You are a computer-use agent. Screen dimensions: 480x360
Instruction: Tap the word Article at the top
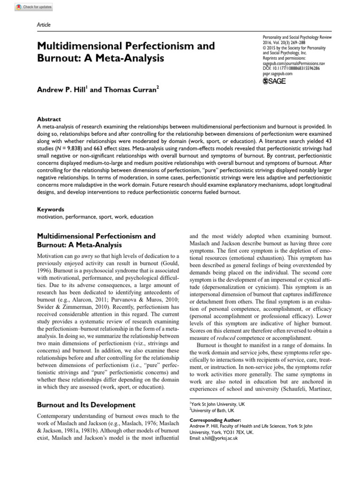click(x=44, y=25)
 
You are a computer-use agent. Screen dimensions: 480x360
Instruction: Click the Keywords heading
click(x=50, y=210)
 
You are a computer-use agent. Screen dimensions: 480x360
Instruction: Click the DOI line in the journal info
click(x=291, y=67)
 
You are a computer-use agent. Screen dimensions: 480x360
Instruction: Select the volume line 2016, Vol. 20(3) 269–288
click(x=285, y=42)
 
